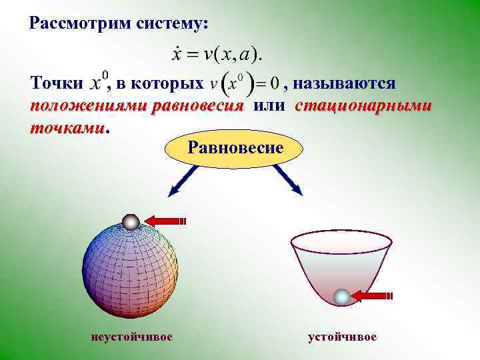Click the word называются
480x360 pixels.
click(345, 84)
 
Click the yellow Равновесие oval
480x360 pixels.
click(235, 147)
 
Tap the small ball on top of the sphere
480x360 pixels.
click(131, 222)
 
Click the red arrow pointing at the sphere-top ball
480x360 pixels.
click(166, 221)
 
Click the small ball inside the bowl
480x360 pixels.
click(341, 297)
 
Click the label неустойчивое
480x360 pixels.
click(131, 337)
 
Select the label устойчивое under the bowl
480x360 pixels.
click(342, 337)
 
